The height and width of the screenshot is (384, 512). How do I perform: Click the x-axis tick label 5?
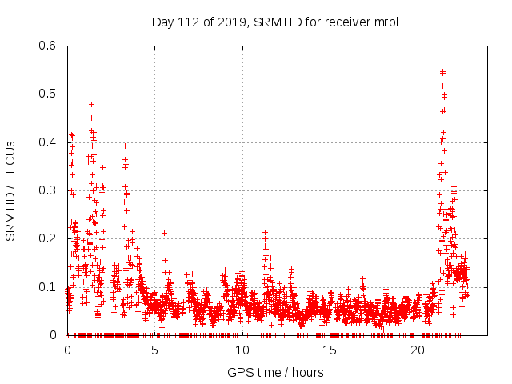[x=155, y=350]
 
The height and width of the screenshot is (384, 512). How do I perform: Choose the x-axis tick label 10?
[x=242, y=350]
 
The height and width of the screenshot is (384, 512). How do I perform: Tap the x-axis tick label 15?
[x=330, y=350]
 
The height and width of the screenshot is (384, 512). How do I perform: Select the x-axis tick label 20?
[x=418, y=350]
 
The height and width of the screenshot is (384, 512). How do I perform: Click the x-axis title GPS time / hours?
[x=275, y=372]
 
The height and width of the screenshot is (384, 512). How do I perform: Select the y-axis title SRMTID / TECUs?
[x=10, y=190]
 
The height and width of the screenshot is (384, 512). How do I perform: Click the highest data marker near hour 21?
[x=443, y=72]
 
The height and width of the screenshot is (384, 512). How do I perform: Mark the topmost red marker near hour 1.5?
[x=91, y=104]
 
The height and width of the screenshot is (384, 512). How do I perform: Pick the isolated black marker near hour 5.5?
[x=164, y=233]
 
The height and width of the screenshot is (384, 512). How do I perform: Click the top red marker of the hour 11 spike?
[x=265, y=232]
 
